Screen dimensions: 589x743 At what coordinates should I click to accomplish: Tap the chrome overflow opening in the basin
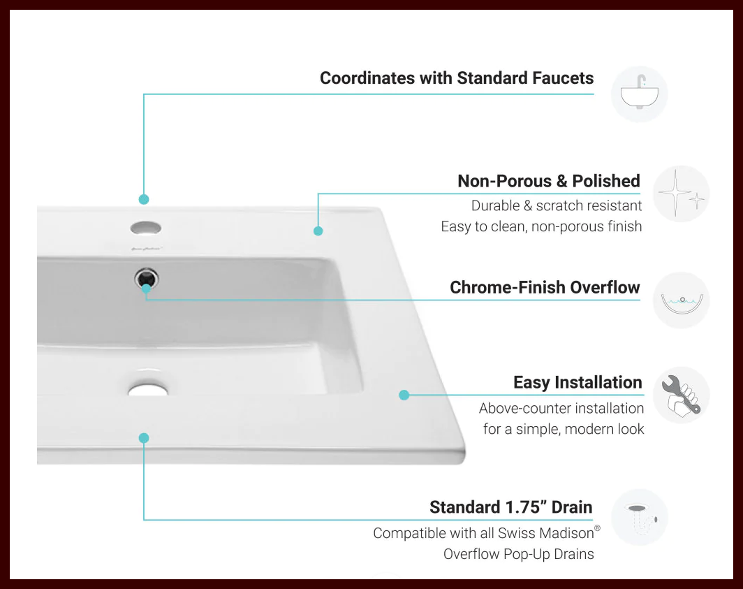tap(147, 279)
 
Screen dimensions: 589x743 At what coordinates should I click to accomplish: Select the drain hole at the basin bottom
tap(148, 388)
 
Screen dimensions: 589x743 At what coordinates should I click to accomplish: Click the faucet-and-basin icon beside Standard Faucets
tap(639, 94)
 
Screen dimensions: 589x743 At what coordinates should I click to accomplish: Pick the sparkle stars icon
tap(681, 194)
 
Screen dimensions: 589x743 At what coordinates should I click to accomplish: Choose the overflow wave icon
tap(681, 300)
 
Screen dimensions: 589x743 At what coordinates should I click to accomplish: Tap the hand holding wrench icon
tap(681, 395)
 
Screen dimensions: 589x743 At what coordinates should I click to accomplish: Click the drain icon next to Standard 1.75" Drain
tap(639, 517)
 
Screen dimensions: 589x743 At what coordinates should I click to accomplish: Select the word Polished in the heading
tap(606, 181)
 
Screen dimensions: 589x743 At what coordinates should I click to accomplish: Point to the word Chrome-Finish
tap(508, 287)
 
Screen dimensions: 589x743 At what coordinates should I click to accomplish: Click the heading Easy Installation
tap(578, 382)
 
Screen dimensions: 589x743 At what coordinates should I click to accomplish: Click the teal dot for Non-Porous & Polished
tap(318, 231)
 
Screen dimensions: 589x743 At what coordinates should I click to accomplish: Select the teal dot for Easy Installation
tap(404, 395)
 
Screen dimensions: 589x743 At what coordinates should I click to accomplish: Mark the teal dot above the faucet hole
tap(144, 199)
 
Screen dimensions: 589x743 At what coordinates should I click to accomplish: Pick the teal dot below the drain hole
tap(144, 438)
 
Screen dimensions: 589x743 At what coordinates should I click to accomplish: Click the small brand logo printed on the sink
tap(145, 248)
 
